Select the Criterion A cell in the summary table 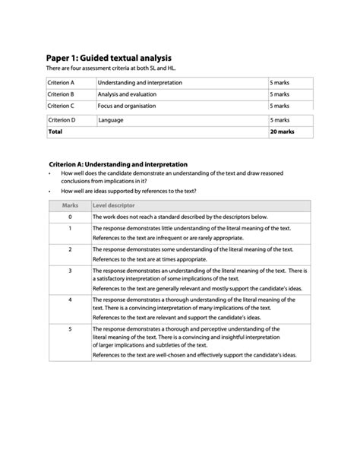61,82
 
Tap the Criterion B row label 61,94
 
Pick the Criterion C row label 61,106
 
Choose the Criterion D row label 62,120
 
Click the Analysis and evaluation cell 128,94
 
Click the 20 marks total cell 281,132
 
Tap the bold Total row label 55,132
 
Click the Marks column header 70,205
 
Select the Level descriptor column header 114,205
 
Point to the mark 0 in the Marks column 70,217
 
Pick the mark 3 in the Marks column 70,270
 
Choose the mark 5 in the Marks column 70,328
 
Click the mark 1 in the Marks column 70,228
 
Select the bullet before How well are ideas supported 49,192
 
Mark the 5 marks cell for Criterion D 279,120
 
